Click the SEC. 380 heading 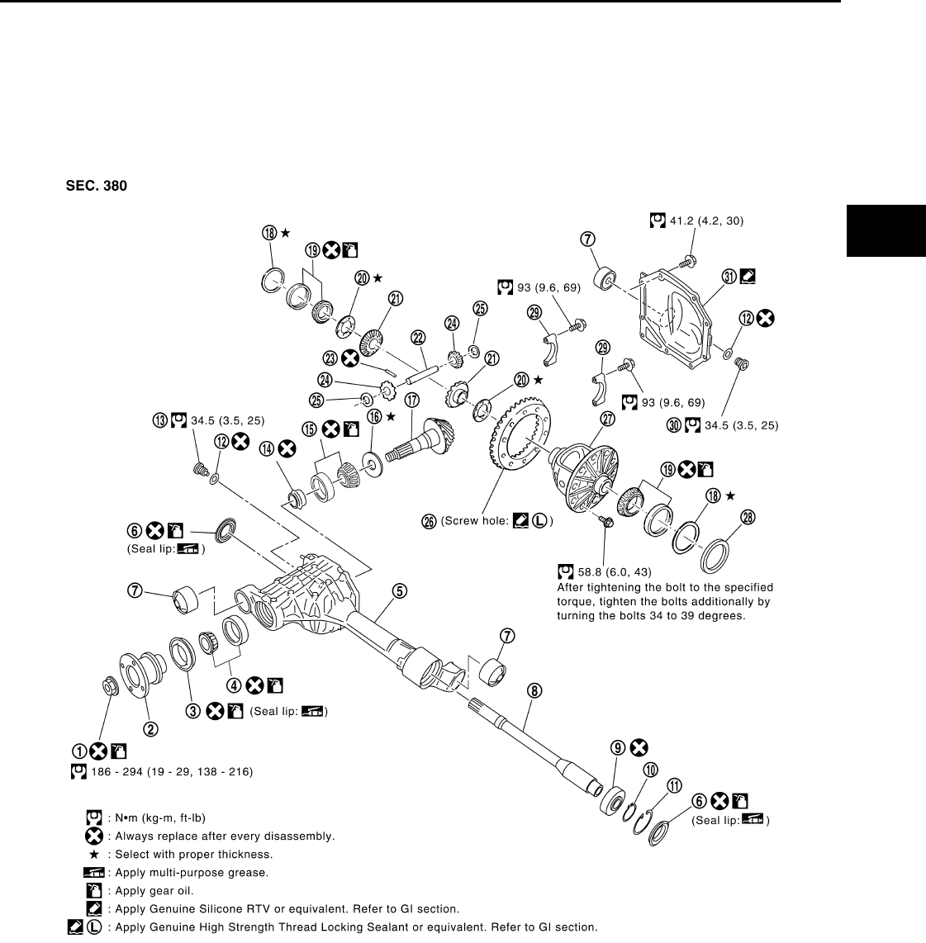(x=97, y=187)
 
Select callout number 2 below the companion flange (x=151, y=728)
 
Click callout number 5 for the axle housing (x=398, y=590)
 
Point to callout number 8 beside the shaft (x=534, y=690)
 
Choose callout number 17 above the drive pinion (x=411, y=400)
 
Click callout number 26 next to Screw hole (x=429, y=521)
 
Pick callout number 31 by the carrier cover (x=729, y=276)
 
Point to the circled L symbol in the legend (x=94, y=927)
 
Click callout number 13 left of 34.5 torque (x=159, y=420)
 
